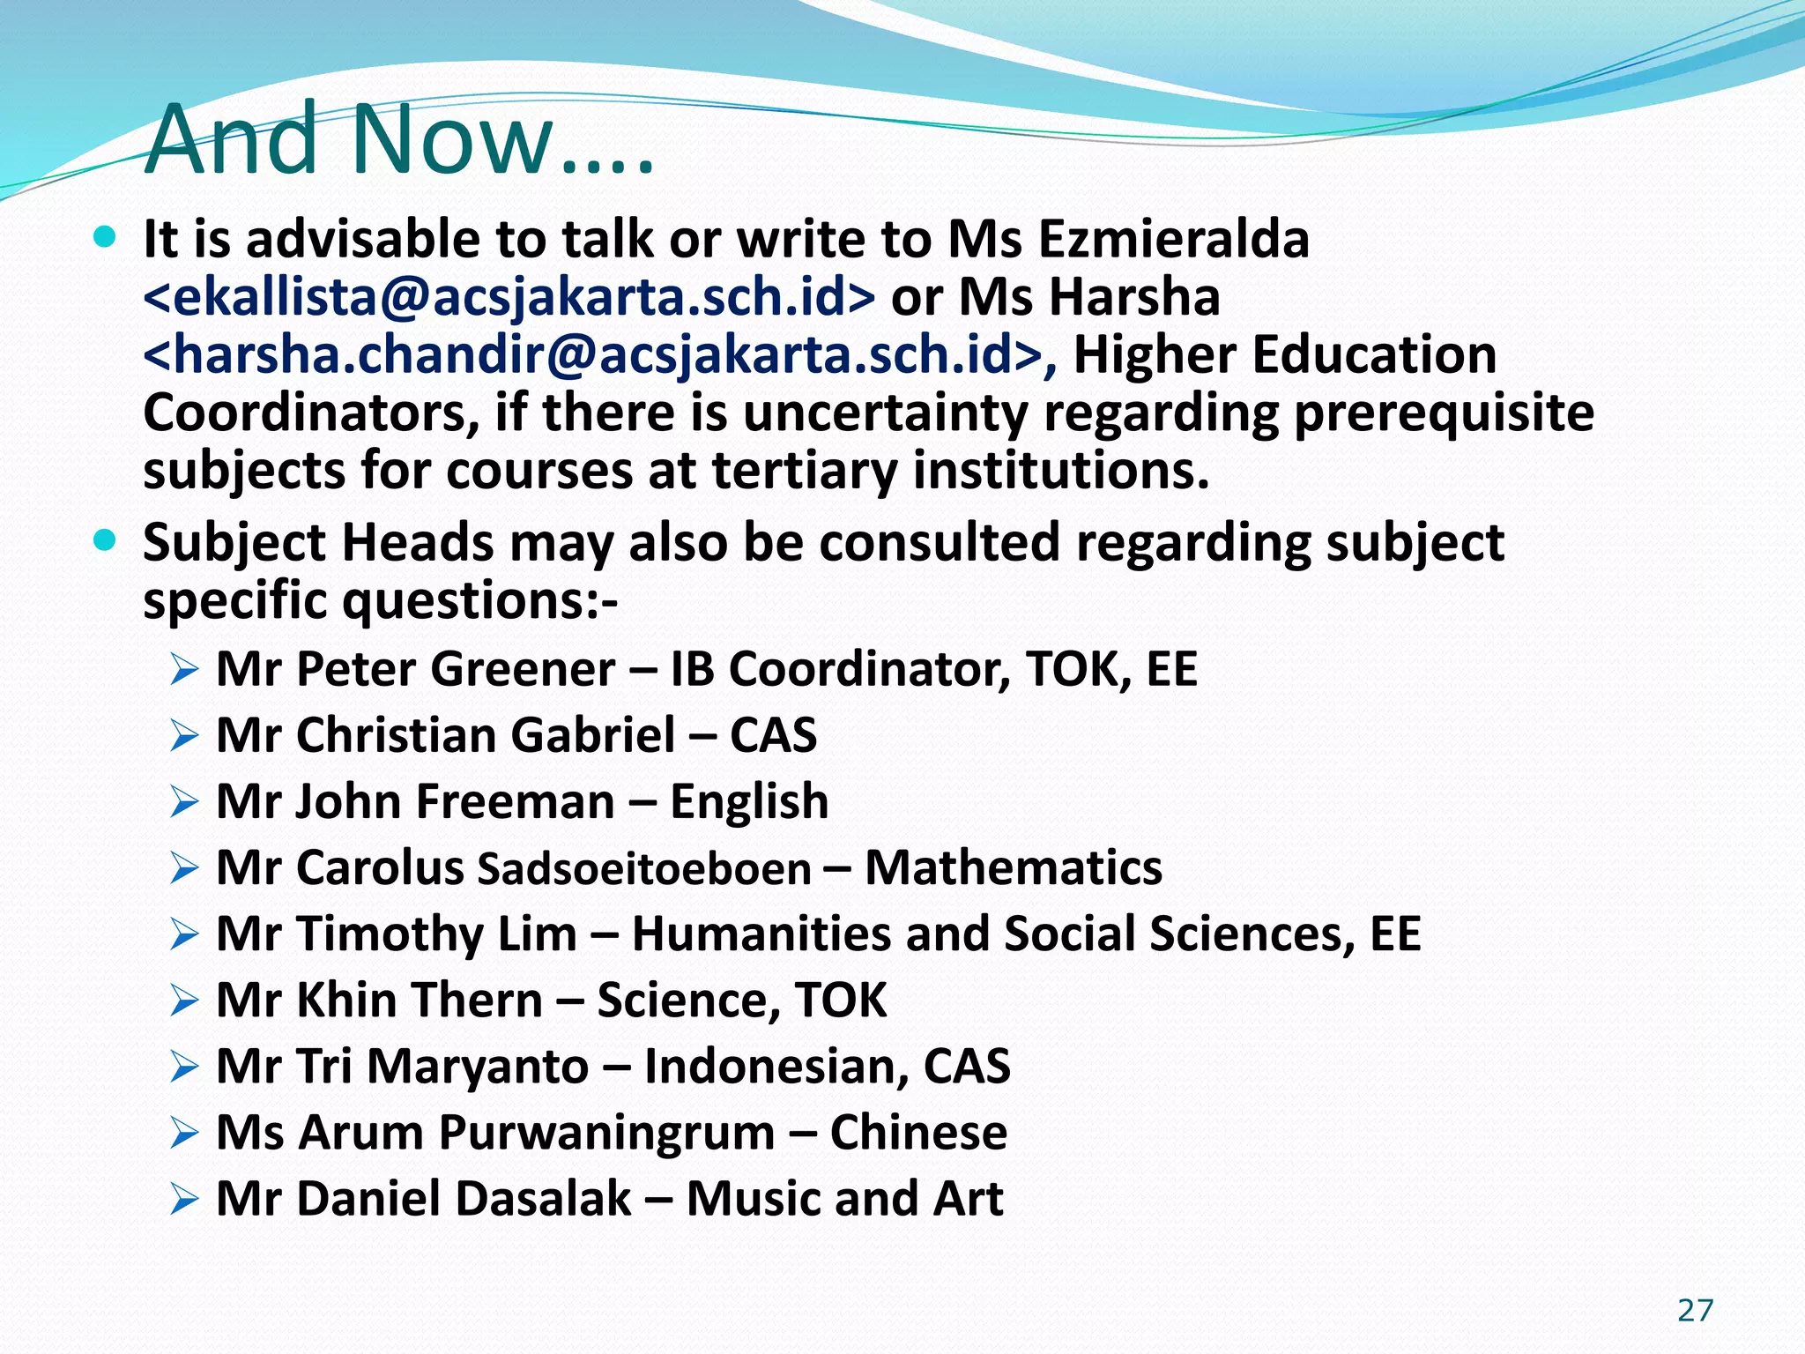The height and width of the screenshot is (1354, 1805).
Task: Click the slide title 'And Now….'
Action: click(399, 140)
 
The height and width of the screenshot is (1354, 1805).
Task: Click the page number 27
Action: click(1695, 1311)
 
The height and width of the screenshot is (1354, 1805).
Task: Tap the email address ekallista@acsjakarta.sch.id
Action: click(509, 297)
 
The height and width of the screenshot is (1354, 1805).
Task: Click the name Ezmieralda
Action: click(1173, 239)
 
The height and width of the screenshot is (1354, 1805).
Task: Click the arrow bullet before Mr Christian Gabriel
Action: click(184, 735)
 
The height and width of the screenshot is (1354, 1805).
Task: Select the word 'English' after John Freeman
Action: click(749, 801)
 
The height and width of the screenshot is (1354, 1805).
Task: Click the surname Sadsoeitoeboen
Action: click(644, 868)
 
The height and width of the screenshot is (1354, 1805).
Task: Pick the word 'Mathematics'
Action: click(1014, 867)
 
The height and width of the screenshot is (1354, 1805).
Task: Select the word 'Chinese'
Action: click(918, 1132)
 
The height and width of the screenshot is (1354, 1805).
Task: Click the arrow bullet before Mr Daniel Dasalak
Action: click(184, 1199)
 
